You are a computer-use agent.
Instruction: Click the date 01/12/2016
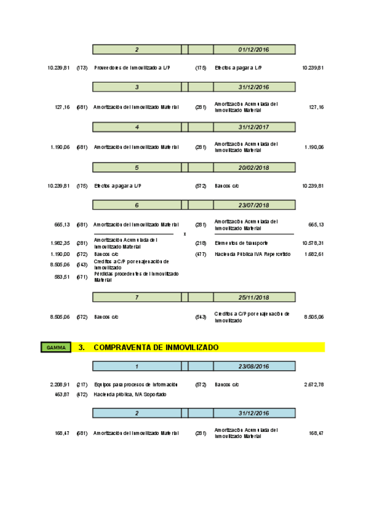[x=254, y=49]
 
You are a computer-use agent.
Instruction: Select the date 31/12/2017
[x=254, y=127]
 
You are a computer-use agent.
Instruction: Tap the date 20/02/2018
[x=254, y=167]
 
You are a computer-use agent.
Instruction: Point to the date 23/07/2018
[x=254, y=205]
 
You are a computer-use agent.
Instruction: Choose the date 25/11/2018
[x=254, y=297]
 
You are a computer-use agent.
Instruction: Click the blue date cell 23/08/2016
[x=254, y=366]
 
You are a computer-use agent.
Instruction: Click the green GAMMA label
[x=56, y=348]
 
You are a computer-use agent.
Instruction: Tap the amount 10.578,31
[x=313, y=243]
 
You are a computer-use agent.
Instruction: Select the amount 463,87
[x=62, y=395]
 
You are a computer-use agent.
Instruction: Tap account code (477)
[x=200, y=254]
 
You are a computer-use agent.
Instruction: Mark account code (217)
[x=82, y=385]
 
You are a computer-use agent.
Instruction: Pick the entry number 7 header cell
[x=137, y=297]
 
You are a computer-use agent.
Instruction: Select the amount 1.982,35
[x=60, y=243]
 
